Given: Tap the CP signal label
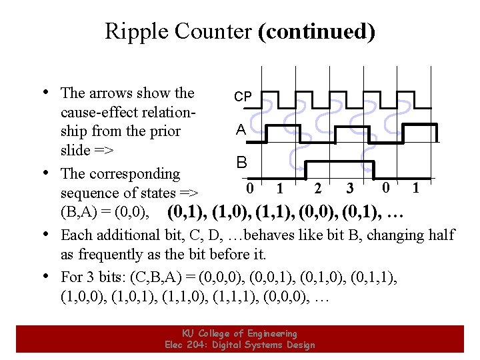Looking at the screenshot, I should click(243, 97).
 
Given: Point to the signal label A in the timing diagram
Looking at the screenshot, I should click(241, 130).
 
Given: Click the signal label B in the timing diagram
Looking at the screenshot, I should click(241, 162).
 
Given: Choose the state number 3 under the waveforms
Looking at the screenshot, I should click(349, 189).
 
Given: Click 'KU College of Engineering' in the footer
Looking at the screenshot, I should click(239, 333).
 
